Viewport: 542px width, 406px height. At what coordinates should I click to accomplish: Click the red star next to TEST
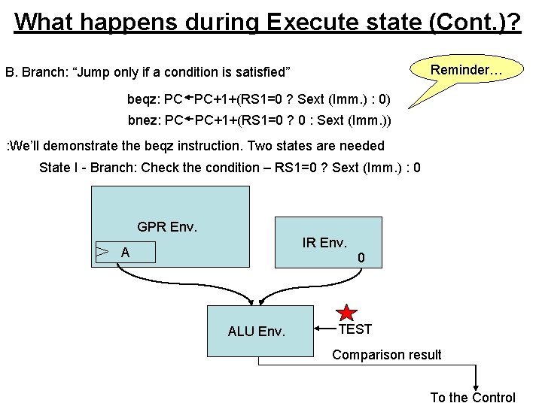[347, 314]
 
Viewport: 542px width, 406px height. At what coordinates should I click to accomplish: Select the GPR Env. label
[166, 226]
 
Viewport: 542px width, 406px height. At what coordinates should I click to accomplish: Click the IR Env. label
[324, 242]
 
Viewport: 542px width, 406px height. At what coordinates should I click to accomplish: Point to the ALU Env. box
[260, 329]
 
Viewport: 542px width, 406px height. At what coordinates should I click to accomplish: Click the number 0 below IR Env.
[361, 258]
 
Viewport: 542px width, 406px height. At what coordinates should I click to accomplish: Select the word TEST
[355, 329]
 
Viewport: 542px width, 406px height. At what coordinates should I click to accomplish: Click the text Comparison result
[387, 354]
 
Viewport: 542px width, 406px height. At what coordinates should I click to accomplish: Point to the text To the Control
[473, 398]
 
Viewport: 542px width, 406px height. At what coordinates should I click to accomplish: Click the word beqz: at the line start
[144, 99]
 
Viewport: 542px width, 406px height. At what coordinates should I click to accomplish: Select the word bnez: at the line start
[144, 120]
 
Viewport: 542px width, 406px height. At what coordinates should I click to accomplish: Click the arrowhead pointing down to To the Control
[475, 384]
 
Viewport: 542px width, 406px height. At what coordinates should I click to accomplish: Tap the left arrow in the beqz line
[189, 98]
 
